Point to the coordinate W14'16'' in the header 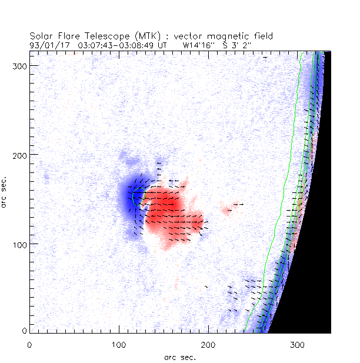click(x=199, y=44)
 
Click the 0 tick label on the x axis click(x=29, y=343)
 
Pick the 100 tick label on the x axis click(x=119, y=343)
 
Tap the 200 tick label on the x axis click(x=208, y=343)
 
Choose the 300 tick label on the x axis click(x=298, y=343)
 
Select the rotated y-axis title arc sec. click(x=6, y=191)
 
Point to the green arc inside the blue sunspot click(x=135, y=197)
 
